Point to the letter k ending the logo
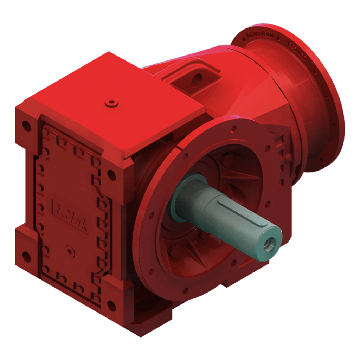84,227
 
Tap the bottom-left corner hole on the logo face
25,254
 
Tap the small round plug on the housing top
112,103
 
